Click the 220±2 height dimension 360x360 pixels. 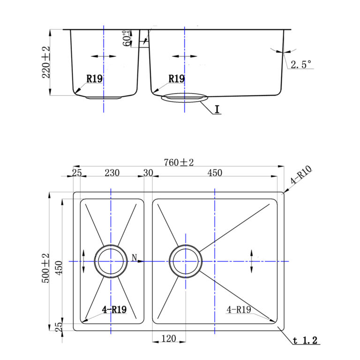pos(46,62)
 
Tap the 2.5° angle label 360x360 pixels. pos(301,64)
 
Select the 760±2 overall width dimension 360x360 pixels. pos(179,162)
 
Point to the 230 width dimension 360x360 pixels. pos(112,172)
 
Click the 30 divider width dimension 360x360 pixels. pos(148,172)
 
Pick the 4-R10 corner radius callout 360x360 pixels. pos(301,174)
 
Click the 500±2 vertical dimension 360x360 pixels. pos(45,268)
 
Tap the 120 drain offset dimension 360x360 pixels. pos(169,338)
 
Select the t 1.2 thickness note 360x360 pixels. pos(305,340)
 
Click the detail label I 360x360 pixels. pos(217,109)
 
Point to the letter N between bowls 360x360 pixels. pos(135,258)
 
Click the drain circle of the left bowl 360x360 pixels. pos(111,261)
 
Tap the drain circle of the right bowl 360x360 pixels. pos(186,261)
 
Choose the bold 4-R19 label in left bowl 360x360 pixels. pos(114,309)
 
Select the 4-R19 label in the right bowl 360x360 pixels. pos(239,309)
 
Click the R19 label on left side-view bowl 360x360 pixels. pos(94,79)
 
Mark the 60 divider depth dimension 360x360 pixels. pos(127,38)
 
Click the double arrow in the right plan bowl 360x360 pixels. pos(252,261)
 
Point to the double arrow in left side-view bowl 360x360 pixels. pos(104,56)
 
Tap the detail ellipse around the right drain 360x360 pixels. pos(185,97)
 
